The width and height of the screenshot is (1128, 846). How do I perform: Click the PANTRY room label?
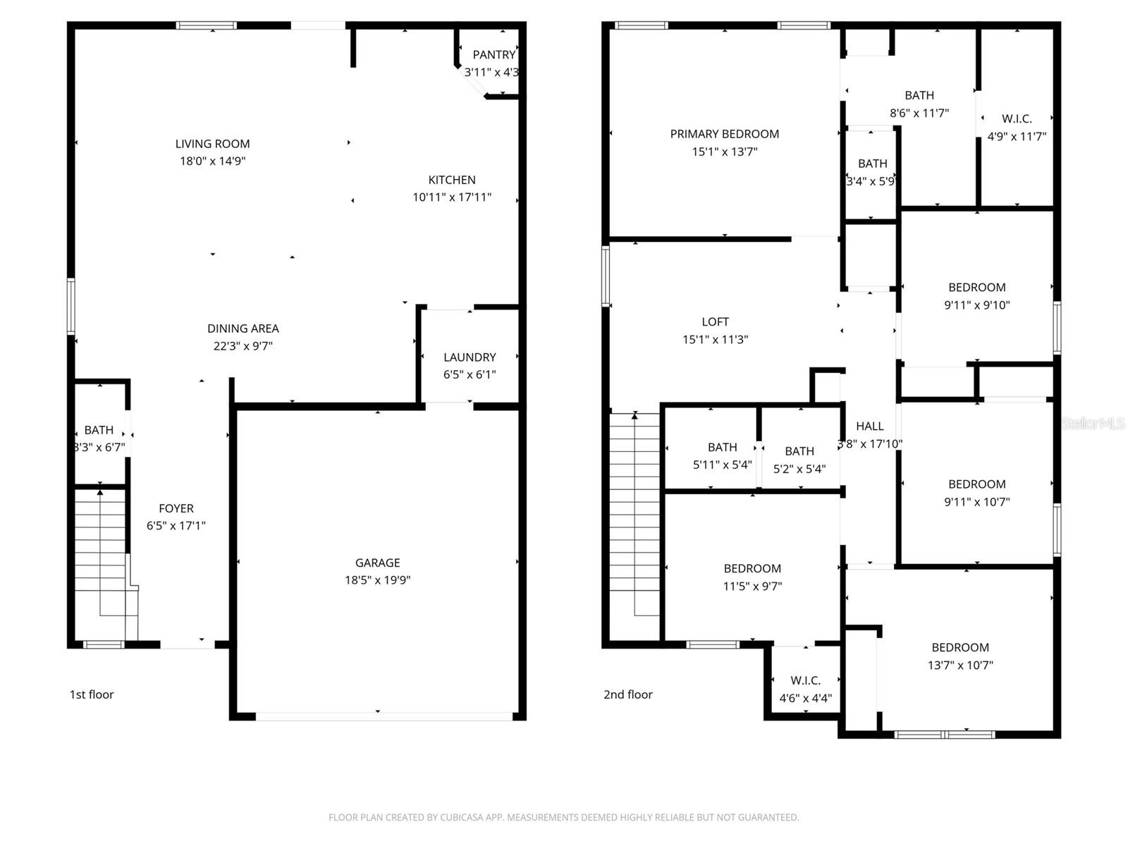coord(493,55)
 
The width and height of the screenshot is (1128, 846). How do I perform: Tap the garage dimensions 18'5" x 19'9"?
coord(377,580)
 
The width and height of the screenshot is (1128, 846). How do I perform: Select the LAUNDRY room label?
coord(470,357)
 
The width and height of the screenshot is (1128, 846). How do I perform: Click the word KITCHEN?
coord(452,180)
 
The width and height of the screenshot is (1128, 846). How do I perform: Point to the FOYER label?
coord(176,508)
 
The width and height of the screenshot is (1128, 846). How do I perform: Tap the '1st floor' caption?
coord(92,694)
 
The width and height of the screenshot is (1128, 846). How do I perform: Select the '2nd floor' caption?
coord(627,694)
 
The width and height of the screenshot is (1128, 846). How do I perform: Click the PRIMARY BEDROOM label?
coord(724,134)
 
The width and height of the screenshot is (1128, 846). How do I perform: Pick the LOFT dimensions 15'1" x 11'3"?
coord(715,339)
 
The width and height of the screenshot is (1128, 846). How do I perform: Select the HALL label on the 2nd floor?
coord(869,426)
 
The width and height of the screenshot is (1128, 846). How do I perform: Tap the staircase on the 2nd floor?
coord(634,515)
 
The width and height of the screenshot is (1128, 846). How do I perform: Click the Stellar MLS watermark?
coord(1093,423)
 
